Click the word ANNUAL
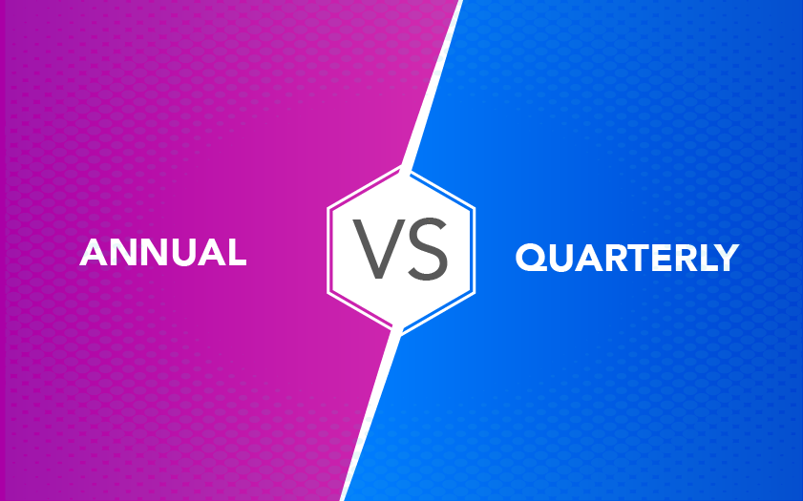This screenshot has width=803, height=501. tap(163, 252)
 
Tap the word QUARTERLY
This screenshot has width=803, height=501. tap(626, 258)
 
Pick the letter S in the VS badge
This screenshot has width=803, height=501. tap(427, 249)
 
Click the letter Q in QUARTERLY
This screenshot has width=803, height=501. tap(531, 258)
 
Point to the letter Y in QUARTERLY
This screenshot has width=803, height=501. tap(725, 258)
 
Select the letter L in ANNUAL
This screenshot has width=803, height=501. tap(238, 252)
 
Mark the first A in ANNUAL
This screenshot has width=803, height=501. tap(94, 252)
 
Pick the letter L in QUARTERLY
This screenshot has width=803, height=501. tap(703, 258)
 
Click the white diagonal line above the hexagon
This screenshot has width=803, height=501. tap(433, 83)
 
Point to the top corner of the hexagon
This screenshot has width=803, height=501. tap(401, 165)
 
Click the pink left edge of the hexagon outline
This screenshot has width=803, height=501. tap(328, 250)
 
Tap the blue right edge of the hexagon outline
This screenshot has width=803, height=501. tap(474, 250)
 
